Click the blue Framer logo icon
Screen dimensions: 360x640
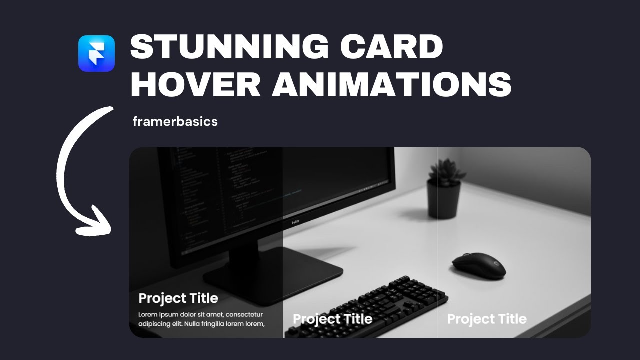point(96,53)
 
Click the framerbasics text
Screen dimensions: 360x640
point(175,121)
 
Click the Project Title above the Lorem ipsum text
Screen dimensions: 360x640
point(178,298)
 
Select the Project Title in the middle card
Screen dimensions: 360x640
point(332,319)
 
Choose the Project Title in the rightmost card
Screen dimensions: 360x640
point(487,319)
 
